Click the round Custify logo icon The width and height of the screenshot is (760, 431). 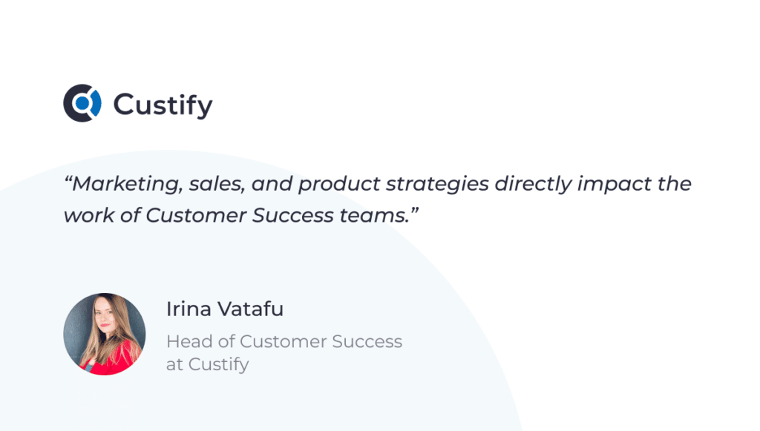[82, 102]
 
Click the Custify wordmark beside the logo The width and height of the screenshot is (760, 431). [163, 105]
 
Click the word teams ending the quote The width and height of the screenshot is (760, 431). [375, 215]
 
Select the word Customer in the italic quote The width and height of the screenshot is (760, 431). [196, 215]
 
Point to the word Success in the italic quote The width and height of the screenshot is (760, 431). [292, 215]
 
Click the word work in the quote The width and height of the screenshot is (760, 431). [89, 215]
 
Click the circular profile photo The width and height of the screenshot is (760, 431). [104, 334]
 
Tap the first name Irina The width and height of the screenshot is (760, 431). [189, 309]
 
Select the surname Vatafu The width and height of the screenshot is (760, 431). [250, 309]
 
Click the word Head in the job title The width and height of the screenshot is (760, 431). [189, 341]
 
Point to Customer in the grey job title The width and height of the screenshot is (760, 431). [283, 341]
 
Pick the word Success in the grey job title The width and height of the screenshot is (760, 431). [367, 341]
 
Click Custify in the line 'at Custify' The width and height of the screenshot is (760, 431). [219, 365]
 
